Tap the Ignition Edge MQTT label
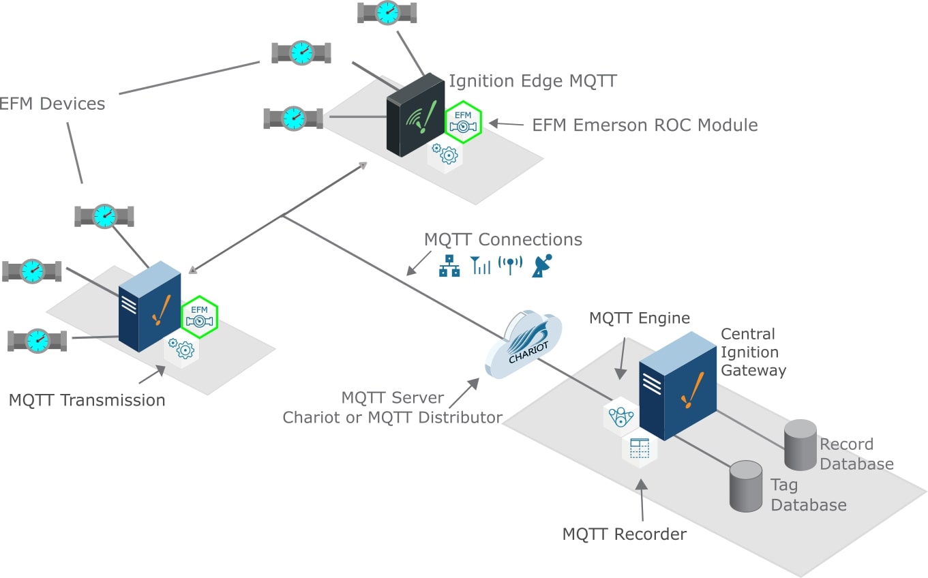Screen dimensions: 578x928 tap(533, 81)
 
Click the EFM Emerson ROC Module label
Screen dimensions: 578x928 tap(645, 125)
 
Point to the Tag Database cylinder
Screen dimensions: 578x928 tap(746, 486)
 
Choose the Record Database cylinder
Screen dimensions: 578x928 tap(800, 444)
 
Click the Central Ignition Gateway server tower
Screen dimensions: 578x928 tap(676, 384)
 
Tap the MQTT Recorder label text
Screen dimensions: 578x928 tap(624, 534)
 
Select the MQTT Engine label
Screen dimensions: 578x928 tap(640, 318)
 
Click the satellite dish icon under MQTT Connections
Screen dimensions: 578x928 tap(542, 265)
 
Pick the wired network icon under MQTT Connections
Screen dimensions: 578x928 tap(449, 266)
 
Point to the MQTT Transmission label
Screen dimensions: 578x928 tap(87, 400)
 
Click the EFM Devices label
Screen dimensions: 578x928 tap(52, 104)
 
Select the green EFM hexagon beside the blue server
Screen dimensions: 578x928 tap(199, 317)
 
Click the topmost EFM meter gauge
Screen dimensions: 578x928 tap(387, 12)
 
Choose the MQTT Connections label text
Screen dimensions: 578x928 tap(503, 239)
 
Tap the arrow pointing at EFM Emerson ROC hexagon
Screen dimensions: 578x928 tap(505, 124)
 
